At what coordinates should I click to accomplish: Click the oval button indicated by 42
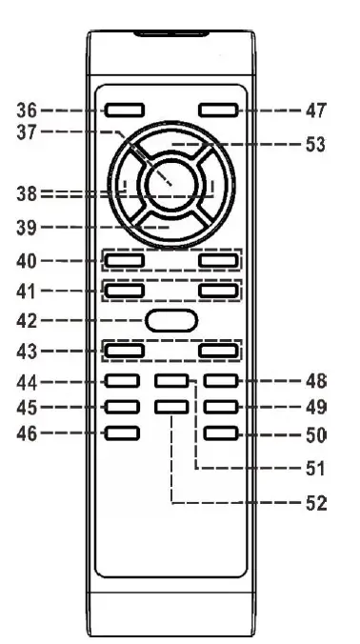click(171, 320)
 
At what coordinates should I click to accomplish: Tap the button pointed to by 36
click(122, 111)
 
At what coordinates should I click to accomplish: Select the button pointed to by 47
click(218, 111)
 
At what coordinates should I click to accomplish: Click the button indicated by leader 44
click(122, 382)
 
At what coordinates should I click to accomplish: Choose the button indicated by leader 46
click(122, 434)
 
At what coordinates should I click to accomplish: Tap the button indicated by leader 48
click(218, 382)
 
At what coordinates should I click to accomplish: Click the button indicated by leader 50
click(218, 434)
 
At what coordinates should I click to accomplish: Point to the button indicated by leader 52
click(170, 408)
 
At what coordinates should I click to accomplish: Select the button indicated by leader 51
click(170, 382)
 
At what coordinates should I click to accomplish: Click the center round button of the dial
click(170, 180)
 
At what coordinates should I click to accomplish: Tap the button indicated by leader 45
click(122, 408)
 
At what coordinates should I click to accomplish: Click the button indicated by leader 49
click(218, 408)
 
